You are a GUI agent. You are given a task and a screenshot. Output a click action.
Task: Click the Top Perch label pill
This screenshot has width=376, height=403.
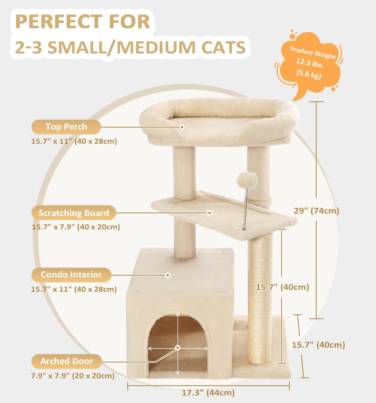pyautogui.click(x=66, y=127)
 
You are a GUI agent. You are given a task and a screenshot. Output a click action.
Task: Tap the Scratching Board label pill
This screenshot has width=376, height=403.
pyautogui.click(x=74, y=213)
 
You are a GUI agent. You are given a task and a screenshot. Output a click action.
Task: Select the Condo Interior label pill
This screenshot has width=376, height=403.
pyautogui.click(x=71, y=275)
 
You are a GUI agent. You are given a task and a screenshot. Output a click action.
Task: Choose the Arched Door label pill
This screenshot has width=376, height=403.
pyautogui.click(x=66, y=361)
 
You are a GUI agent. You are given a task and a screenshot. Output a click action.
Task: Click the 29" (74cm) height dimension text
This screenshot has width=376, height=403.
pyautogui.click(x=316, y=211)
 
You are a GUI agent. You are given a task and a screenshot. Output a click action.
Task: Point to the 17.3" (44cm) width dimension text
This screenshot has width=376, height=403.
pyautogui.click(x=208, y=393)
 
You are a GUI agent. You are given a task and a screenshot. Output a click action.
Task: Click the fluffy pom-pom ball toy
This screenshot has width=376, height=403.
pyautogui.click(x=247, y=180)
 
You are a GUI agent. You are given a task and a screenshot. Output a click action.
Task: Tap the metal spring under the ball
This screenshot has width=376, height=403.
pyautogui.click(x=246, y=210)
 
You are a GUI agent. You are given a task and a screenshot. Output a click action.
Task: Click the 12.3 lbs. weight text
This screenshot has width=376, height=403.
pyautogui.click(x=310, y=64)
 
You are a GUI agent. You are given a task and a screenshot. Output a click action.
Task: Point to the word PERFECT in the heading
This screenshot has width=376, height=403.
pyautogui.click(x=59, y=22)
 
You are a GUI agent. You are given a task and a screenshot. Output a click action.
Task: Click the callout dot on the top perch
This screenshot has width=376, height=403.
pyautogui.click(x=182, y=127)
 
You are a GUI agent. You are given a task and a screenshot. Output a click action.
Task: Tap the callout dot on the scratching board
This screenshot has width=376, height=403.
pyautogui.click(x=210, y=213)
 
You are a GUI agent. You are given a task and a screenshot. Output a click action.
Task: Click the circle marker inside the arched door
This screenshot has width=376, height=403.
pyautogui.click(x=178, y=348)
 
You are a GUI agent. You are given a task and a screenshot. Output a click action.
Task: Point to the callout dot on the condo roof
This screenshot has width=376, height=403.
pyautogui.click(x=168, y=275)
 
